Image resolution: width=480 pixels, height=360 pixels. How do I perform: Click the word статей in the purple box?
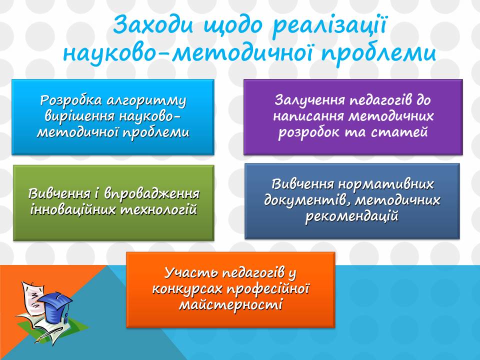403,132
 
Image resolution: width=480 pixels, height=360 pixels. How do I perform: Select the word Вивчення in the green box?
57,193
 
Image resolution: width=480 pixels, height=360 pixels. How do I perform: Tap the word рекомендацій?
352,216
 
